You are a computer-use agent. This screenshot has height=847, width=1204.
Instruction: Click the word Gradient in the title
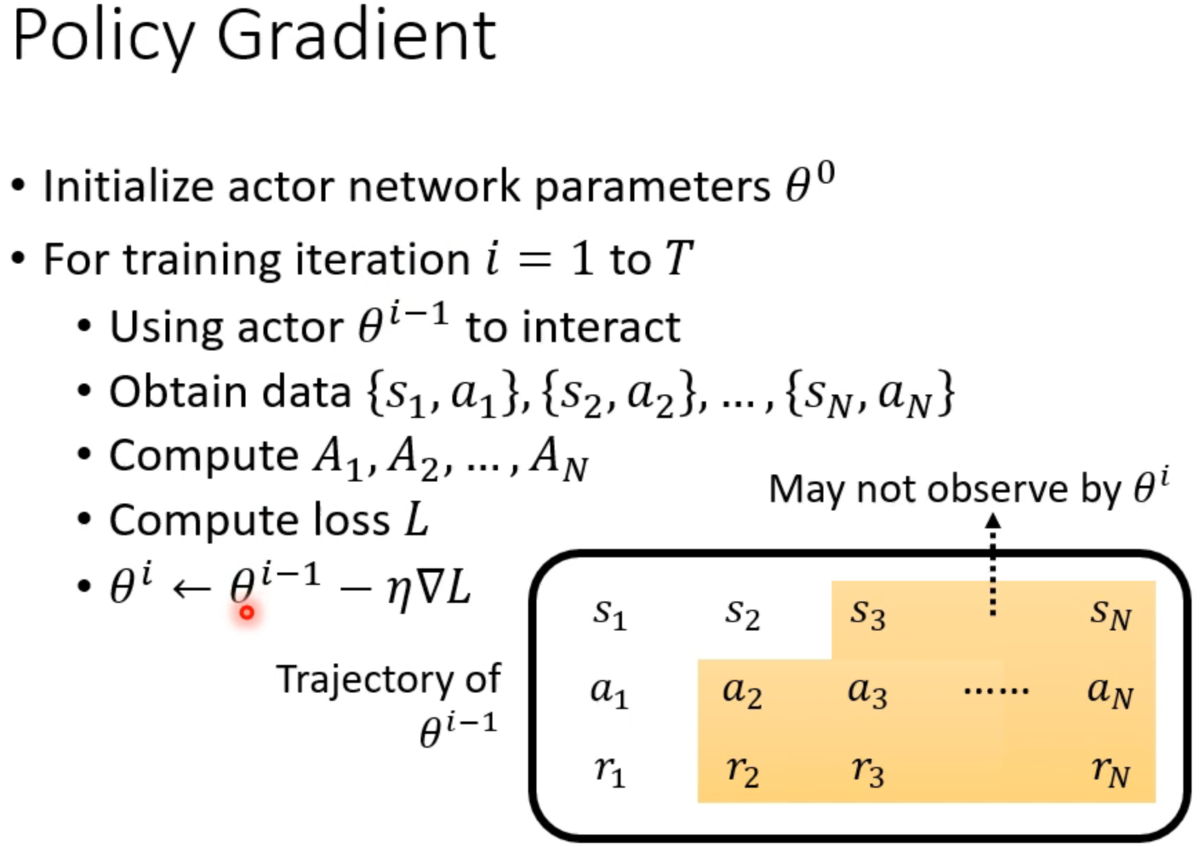[357, 36]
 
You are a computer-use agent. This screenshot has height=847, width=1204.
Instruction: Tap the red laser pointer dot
[247, 612]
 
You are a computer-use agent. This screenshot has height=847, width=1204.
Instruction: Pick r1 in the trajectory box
[610, 770]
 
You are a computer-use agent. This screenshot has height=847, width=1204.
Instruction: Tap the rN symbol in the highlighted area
[1110, 770]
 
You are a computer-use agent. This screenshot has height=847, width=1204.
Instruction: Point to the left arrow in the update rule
[191, 588]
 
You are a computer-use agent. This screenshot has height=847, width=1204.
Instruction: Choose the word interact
[601, 327]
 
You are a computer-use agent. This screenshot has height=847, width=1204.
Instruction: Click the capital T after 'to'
[679, 259]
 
